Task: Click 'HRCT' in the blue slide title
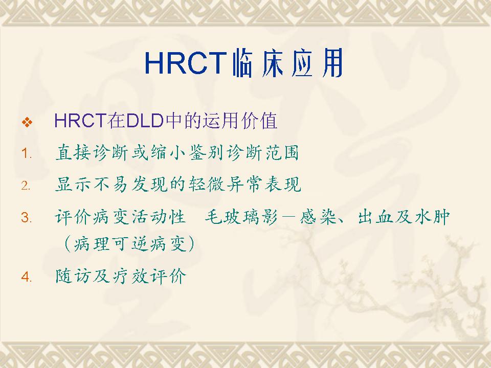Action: [185, 63]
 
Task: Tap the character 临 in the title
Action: [242, 63]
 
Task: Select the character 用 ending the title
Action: [332, 63]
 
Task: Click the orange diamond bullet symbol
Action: [27, 122]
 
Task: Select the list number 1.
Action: [26, 154]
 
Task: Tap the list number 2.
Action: [26, 186]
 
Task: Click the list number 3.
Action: [26, 217]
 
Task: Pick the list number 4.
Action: [26, 277]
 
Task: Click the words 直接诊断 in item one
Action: [93, 153]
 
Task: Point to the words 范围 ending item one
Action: [282, 153]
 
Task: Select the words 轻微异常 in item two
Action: [226, 184]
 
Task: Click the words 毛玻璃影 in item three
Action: [241, 217]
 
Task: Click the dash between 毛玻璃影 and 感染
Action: [288, 217]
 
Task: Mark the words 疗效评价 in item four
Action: [149, 276]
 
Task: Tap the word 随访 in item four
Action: [74, 276]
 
